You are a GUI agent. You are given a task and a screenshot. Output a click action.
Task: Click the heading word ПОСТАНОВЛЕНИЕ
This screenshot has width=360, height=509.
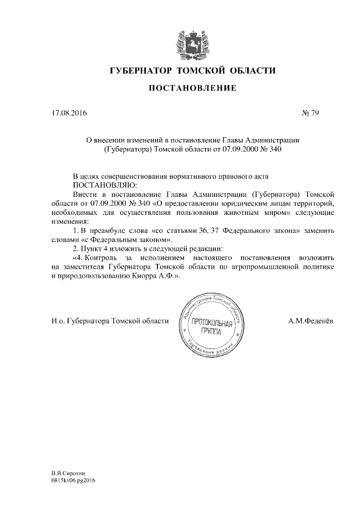click(191, 89)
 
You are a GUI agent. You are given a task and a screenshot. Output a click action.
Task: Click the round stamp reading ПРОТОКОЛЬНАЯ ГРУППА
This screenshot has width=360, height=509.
click(212, 327)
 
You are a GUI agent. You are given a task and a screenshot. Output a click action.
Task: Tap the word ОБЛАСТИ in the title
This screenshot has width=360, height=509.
click(251, 70)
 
